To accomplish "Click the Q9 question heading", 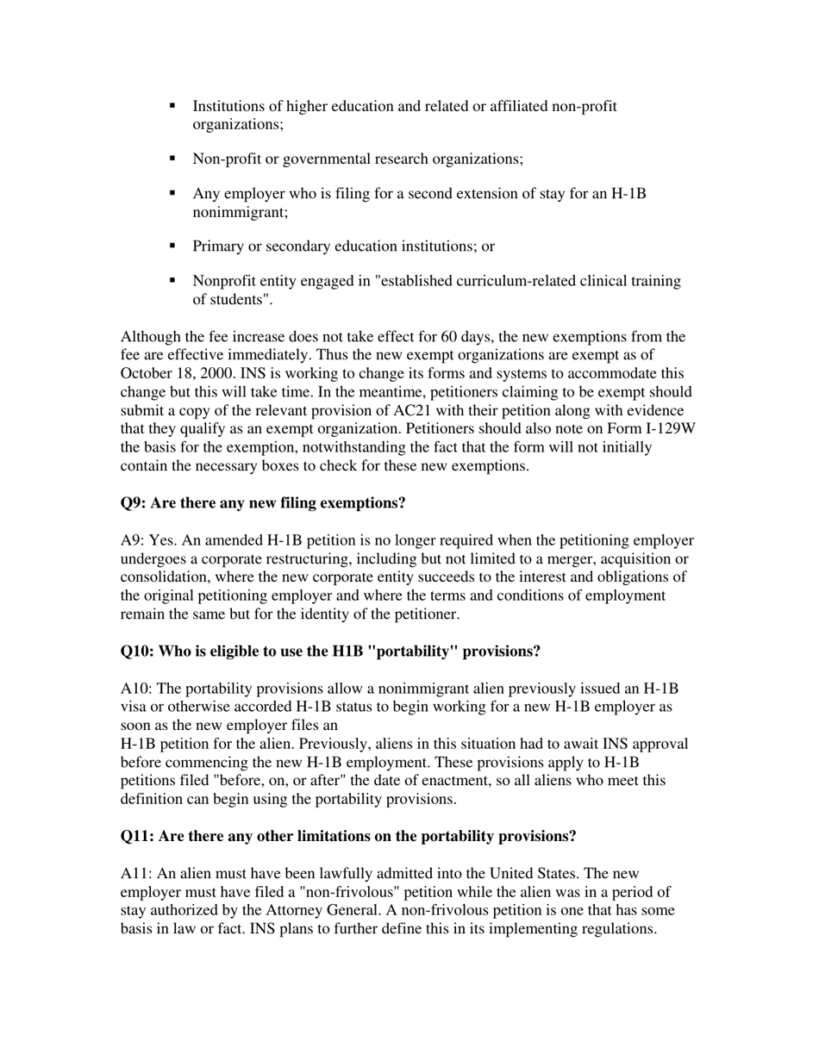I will click(x=262, y=502).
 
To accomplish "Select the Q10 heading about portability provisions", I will click(x=330, y=651).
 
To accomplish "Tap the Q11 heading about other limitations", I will click(x=347, y=836).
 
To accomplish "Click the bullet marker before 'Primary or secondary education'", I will click(x=172, y=246).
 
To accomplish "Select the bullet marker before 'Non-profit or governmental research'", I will click(x=172, y=159).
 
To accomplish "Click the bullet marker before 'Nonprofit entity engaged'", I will click(x=172, y=280).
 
